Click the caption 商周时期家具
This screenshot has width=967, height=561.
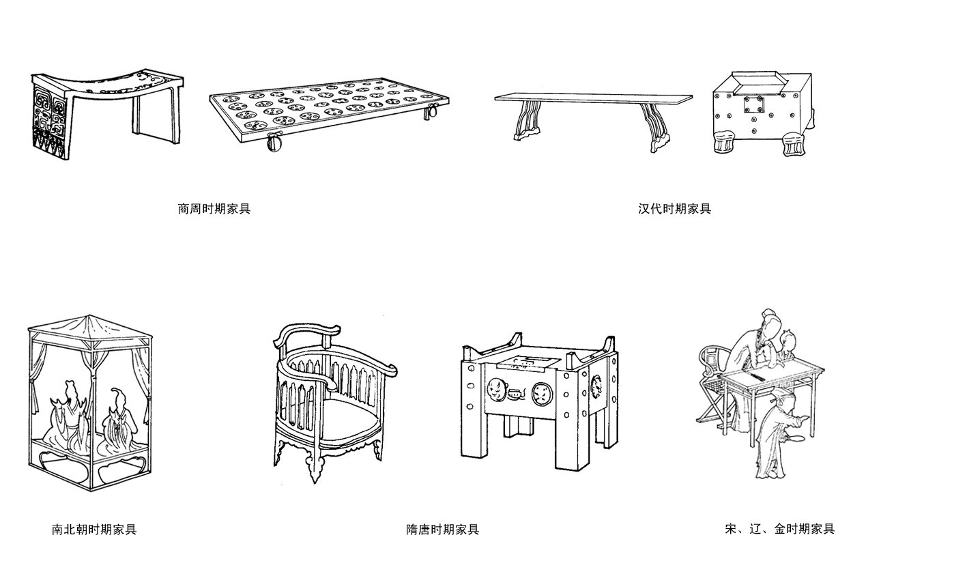pos(214,209)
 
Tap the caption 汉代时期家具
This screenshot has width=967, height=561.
pos(674,209)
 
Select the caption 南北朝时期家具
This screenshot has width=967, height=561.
pos(94,529)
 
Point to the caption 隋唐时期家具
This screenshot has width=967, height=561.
pos(442,529)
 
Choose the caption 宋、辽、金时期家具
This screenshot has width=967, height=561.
pos(779,528)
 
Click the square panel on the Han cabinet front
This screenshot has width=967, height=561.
pos(754,105)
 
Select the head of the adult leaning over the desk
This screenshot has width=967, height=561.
pos(770,321)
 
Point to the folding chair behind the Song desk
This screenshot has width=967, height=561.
pos(713,389)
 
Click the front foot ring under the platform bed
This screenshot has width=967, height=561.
pos(274,144)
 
